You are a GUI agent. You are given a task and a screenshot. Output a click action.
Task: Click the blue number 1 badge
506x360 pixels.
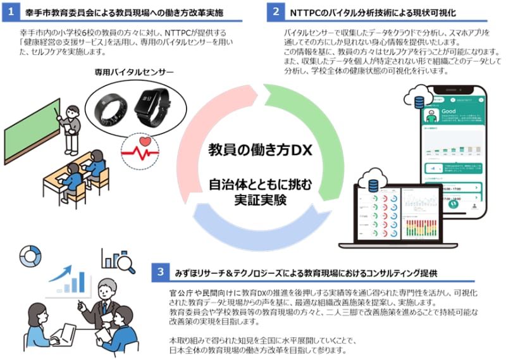click(x=11, y=12)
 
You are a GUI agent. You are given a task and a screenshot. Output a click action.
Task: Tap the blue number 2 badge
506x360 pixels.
click(x=276, y=12)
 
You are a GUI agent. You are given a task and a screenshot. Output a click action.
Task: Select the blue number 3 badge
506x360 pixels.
click(x=161, y=273)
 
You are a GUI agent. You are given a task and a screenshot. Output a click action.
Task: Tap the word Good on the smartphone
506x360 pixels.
click(x=448, y=111)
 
